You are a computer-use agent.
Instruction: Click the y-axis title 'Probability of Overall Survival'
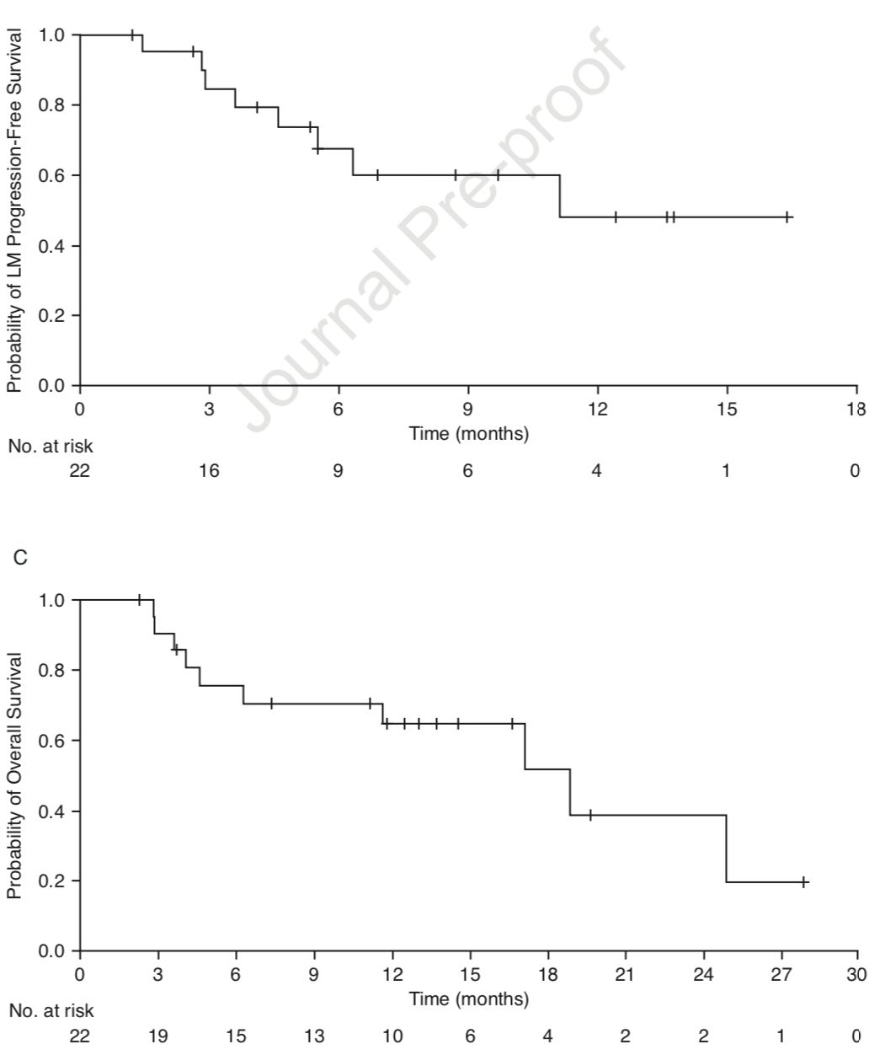coord(14,774)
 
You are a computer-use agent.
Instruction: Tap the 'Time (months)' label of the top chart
coord(468,435)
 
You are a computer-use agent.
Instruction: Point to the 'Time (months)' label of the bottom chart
coord(468,999)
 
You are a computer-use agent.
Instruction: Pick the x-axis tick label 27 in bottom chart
coord(781,975)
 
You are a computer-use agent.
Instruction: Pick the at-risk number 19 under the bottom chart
coord(157,1036)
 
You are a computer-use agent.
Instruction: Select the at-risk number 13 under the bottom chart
coord(314,1036)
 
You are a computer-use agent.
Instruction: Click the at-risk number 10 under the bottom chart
coord(392,1036)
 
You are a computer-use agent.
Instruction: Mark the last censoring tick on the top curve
coord(787,217)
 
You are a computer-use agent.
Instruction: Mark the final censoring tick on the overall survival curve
coord(804,882)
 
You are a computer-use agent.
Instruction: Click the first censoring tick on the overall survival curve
coord(139,600)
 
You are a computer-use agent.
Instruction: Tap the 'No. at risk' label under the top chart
coord(51,447)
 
